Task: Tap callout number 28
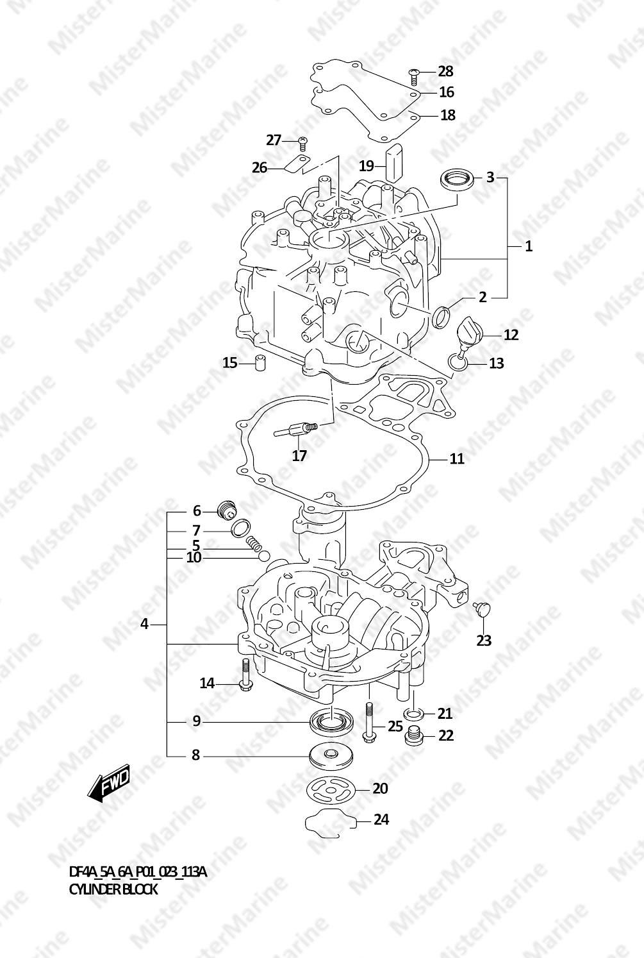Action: pos(445,71)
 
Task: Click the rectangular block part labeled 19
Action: pos(395,162)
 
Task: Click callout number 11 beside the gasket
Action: pos(457,459)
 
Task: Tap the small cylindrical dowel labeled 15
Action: pos(260,364)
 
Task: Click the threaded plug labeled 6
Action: pos(226,510)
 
